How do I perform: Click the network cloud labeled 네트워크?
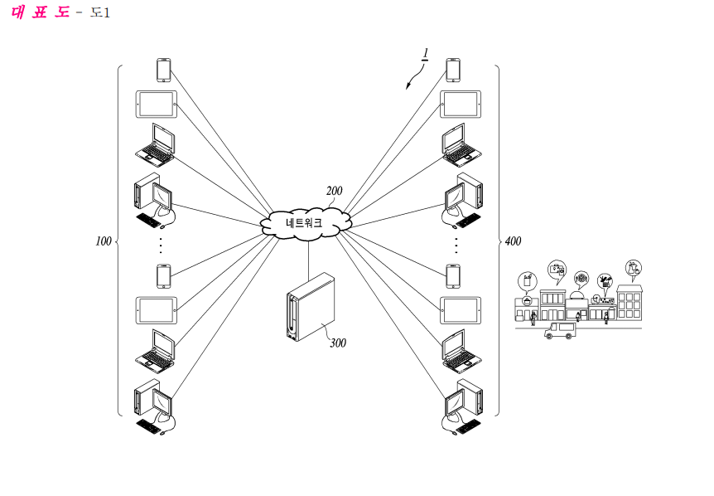[306, 223]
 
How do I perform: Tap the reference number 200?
[335, 191]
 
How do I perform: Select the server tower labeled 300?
[311, 307]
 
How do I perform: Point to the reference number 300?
[338, 343]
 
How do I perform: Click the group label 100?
[104, 241]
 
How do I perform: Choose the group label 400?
[514, 241]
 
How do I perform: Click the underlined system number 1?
[425, 54]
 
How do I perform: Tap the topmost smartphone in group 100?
[163, 71]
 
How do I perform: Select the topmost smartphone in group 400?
[453, 71]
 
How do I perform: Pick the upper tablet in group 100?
[157, 105]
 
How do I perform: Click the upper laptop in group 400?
[461, 145]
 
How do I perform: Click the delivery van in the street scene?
[560, 330]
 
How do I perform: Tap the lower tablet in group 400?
[461, 310]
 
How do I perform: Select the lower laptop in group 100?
[155, 351]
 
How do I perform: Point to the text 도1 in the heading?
[99, 12]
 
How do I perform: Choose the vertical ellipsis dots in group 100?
[161, 246]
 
